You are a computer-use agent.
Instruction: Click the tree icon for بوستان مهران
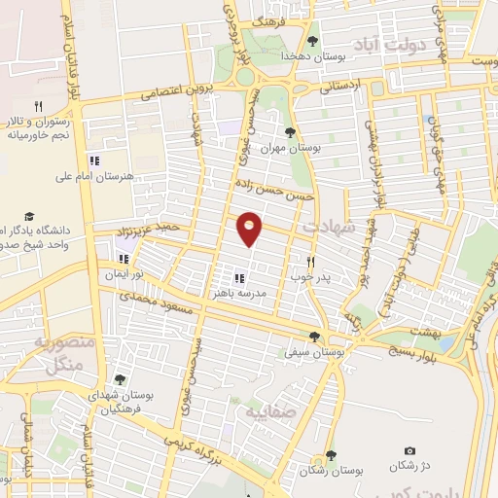pyautogui.click(x=291, y=132)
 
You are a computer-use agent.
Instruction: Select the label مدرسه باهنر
pyautogui.click(x=233, y=292)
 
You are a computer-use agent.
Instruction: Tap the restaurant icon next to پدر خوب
pyautogui.click(x=311, y=261)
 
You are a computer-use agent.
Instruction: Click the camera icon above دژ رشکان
pyautogui.click(x=409, y=450)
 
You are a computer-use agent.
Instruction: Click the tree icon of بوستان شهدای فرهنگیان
pyautogui.click(x=120, y=380)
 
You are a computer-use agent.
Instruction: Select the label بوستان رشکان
pyautogui.click(x=331, y=470)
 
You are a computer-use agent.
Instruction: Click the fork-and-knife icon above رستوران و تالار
pyautogui.click(x=39, y=105)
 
